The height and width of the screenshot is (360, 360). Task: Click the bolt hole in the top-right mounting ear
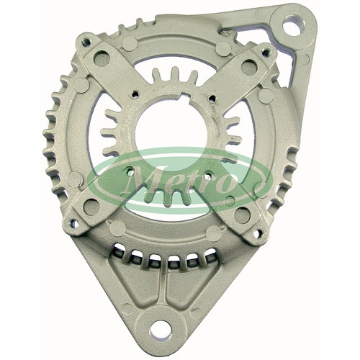click(x=292, y=25)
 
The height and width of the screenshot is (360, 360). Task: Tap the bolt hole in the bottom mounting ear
click(x=161, y=328)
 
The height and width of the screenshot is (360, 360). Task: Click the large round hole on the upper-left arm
click(x=102, y=58)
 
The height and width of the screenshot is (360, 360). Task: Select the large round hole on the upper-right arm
click(x=249, y=67)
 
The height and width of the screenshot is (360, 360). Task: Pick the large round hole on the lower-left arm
click(x=91, y=207)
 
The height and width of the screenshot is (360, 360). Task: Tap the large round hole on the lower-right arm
click(x=242, y=215)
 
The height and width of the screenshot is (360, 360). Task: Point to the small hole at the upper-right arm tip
click(x=266, y=53)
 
